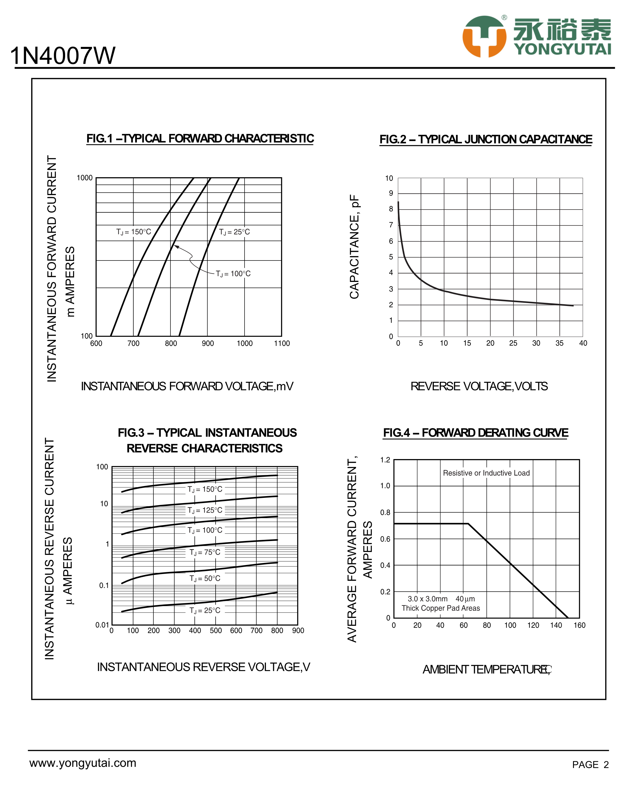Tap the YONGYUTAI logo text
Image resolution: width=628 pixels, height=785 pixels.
point(563,49)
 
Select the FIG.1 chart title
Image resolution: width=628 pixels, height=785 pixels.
point(200,139)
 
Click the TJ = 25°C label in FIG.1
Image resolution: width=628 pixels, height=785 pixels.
point(234,232)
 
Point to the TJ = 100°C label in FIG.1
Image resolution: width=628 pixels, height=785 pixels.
point(233,274)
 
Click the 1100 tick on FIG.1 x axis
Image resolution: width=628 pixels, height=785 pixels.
point(282,343)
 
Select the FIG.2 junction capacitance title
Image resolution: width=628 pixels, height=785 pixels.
point(486,140)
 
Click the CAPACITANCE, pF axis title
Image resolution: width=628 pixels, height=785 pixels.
point(354,247)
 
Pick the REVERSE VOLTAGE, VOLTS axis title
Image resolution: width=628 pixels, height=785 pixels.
point(479,386)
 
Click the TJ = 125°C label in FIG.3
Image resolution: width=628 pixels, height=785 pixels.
point(205,510)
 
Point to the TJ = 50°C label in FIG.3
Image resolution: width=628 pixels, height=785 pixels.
point(205,578)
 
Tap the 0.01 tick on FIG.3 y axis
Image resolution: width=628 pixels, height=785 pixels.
point(102,625)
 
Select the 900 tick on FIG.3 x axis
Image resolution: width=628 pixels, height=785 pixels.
point(298,631)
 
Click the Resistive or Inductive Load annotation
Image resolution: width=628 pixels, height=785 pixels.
point(486,473)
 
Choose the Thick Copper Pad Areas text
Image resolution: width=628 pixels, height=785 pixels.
point(440,608)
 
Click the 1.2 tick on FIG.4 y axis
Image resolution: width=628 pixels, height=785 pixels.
point(385,460)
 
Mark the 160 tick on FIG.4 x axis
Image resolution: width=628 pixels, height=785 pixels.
point(579,625)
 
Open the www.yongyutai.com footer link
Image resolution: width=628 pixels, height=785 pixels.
point(83,763)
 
